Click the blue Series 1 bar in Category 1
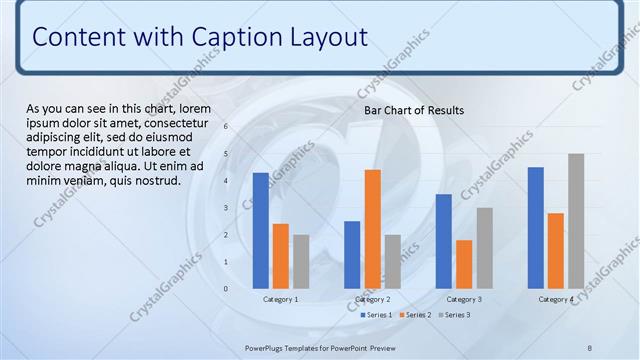(260, 230)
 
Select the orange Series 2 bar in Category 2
(372, 228)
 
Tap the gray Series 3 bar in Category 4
(576, 220)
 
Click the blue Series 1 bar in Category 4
(535, 227)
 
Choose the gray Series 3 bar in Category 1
(301, 261)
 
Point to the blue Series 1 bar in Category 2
(352, 254)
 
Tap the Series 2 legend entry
(414, 315)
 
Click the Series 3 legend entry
(453, 315)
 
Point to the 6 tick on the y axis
(226, 127)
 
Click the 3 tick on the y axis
(226, 208)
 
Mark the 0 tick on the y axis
(226, 289)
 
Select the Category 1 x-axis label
(281, 300)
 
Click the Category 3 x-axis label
(464, 300)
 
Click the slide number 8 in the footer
(590, 348)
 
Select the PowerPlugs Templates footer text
(320, 348)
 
